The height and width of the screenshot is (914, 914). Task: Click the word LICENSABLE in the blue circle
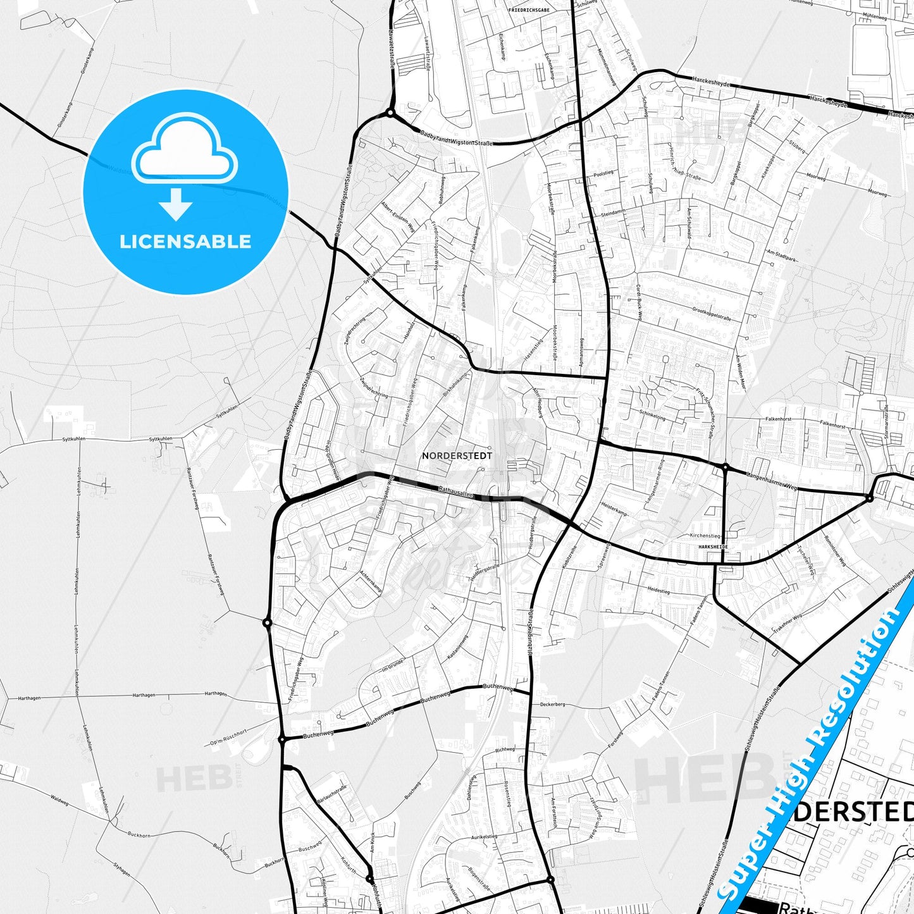[185, 241]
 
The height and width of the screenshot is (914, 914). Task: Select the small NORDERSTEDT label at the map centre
[457, 455]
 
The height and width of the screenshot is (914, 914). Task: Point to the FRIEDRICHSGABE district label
[529, 10]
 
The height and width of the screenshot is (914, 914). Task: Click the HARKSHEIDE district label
[713, 547]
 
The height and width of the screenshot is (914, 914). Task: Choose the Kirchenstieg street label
[705, 536]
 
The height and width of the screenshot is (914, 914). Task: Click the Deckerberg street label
[552, 704]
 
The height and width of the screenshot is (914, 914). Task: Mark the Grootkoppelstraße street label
[712, 314]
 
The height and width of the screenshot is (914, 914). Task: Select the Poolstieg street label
[603, 173]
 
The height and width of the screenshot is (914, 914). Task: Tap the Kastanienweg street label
[457, 648]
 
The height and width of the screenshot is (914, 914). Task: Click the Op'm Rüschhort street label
[226, 737]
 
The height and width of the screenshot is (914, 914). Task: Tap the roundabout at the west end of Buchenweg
[282, 739]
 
